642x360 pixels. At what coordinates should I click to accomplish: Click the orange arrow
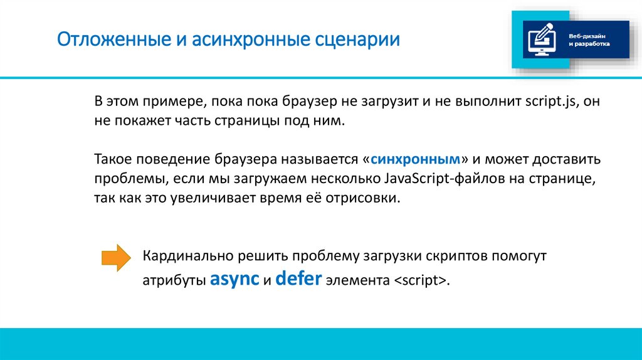(116, 258)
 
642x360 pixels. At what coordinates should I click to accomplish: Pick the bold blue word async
(234, 279)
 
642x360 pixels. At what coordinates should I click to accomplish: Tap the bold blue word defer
(299, 279)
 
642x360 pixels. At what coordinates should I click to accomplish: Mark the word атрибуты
(174, 281)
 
